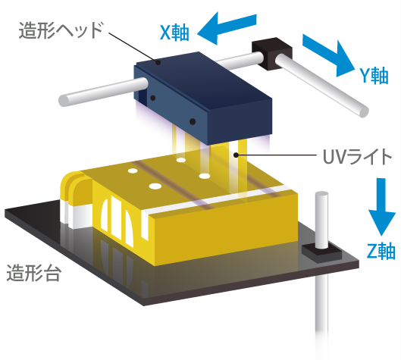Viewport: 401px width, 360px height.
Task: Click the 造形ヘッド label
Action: tap(60, 32)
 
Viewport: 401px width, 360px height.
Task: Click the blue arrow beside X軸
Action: tap(225, 28)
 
